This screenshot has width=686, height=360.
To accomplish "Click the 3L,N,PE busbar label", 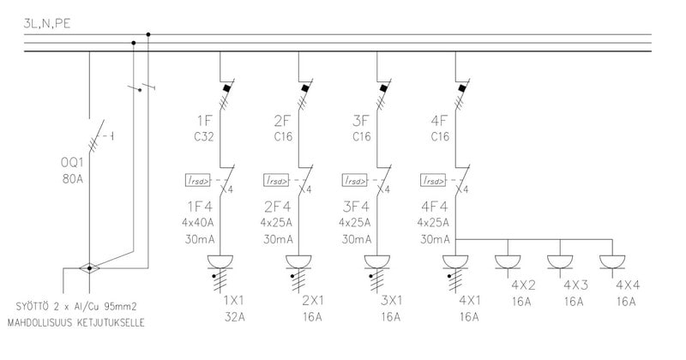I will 47,24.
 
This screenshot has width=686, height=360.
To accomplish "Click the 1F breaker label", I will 203,120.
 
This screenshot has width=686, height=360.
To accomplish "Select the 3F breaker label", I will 361,120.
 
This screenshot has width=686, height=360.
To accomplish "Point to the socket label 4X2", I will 524,285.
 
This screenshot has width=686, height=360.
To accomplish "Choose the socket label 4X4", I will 627,285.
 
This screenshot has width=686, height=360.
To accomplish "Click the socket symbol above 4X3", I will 560,261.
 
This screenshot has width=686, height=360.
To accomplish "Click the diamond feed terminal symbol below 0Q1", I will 89,268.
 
